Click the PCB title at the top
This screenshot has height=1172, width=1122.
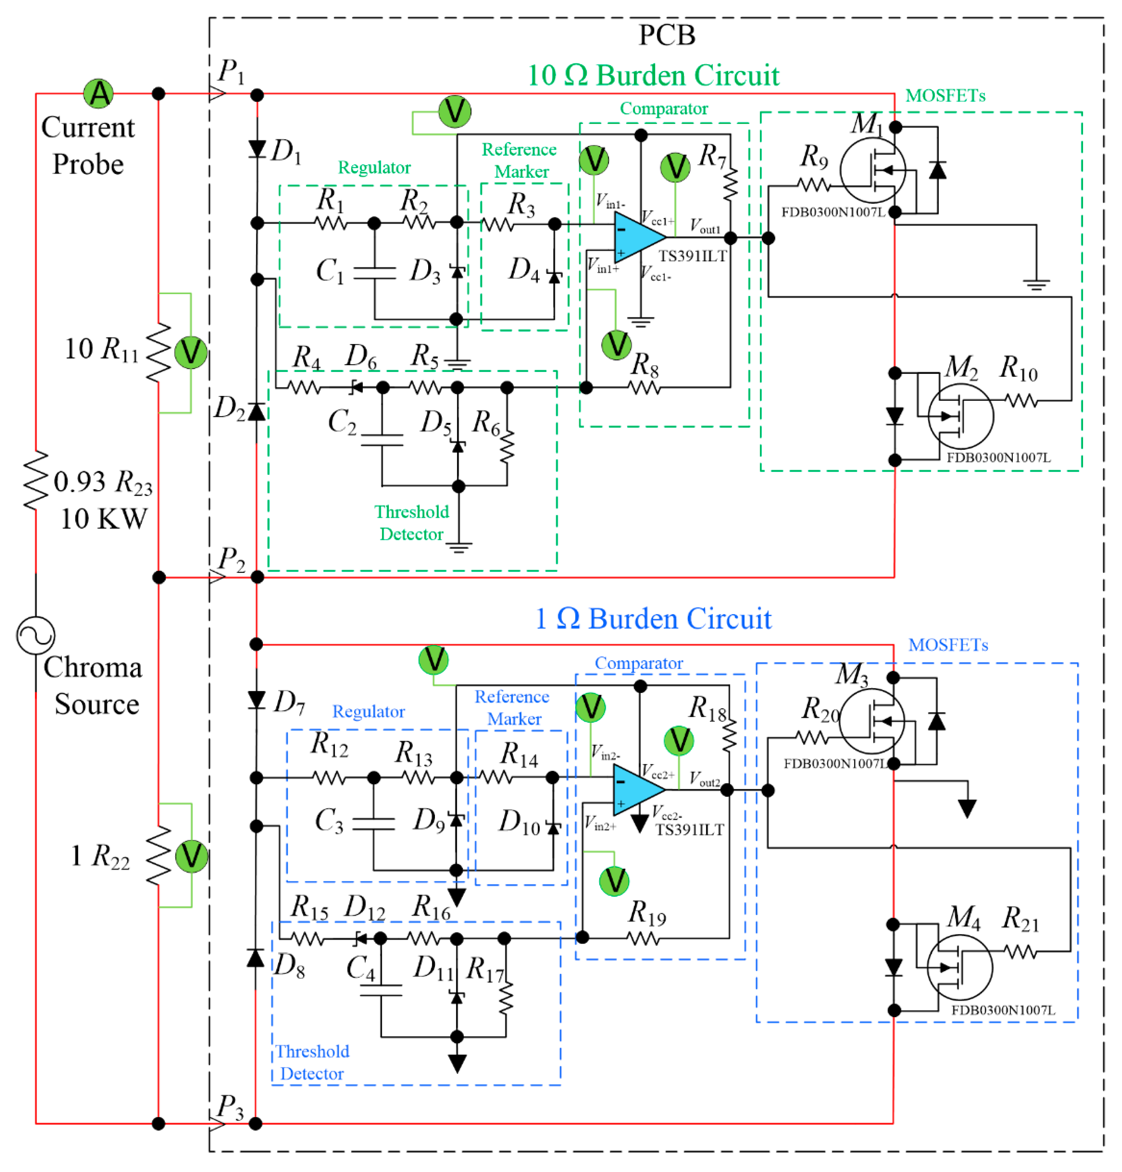pos(667,35)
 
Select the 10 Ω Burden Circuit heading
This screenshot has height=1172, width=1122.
pos(653,76)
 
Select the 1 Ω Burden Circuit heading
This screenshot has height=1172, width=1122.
pos(653,619)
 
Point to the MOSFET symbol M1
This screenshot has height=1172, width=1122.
pos(873,170)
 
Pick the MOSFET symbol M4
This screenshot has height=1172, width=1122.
pos(960,967)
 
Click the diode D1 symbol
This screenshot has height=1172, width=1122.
pos(257,149)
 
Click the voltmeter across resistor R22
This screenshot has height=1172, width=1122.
pos(191,856)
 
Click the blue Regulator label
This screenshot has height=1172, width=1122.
pos(369,711)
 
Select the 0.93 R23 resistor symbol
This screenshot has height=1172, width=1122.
pos(36,480)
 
